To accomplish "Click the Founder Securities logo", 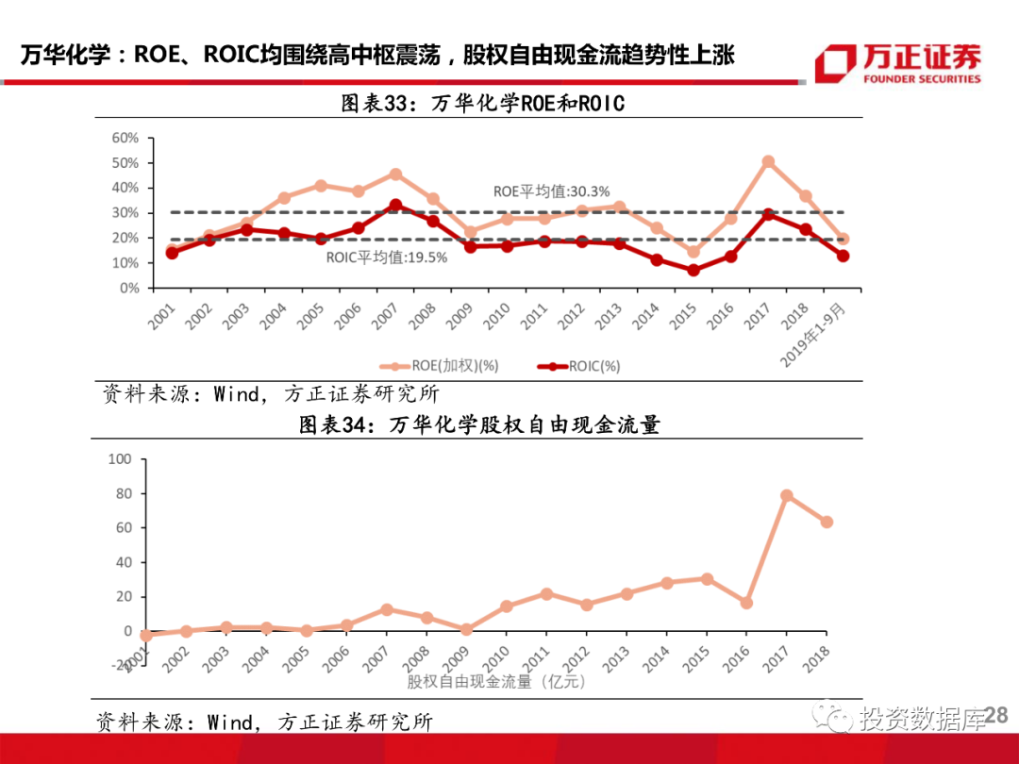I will coord(897,63).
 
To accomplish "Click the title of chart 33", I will coord(483,104).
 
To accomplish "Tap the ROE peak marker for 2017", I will coord(768,162).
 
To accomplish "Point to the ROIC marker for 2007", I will coord(395,205).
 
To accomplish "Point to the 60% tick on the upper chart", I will coord(125,138).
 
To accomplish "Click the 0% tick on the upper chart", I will coord(130,288).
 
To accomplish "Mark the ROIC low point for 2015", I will coord(693,270).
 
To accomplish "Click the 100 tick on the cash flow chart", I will coord(121,459).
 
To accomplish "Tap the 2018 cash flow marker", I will coord(827,522).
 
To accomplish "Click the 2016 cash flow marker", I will coord(746,603).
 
